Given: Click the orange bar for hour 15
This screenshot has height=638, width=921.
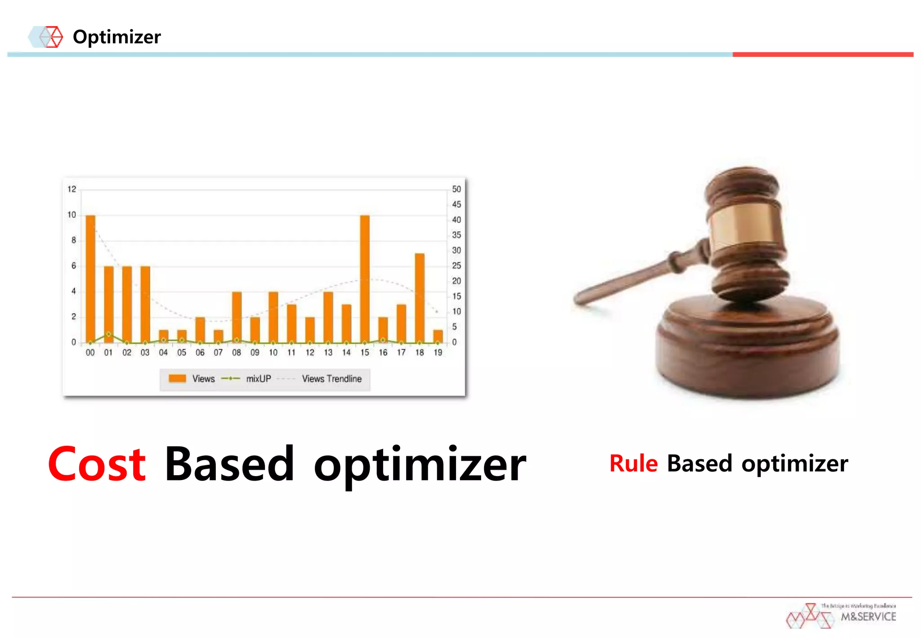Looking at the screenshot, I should [x=365, y=279].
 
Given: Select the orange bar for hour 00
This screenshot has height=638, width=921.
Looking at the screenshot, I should [x=90, y=279].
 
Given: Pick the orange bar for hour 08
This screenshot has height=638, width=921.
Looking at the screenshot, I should [x=237, y=317].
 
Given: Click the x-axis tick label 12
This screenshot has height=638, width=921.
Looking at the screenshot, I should [x=310, y=353].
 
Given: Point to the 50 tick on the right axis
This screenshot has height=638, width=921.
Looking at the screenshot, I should [x=456, y=189].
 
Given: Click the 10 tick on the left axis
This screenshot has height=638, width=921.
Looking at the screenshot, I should [x=72, y=215].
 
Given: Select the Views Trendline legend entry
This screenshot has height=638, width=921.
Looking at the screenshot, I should [x=331, y=379].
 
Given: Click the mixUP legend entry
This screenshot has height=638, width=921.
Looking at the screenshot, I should [x=258, y=379].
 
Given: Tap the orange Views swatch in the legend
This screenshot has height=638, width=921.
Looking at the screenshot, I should [x=177, y=378].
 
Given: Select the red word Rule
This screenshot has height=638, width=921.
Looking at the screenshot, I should [x=633, y=463].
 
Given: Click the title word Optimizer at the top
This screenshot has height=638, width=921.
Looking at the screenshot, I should [x=116, y=37].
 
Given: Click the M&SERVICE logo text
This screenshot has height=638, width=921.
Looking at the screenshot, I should [x=868, y=617].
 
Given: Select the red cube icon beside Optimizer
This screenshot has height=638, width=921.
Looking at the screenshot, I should [x=53, y=37].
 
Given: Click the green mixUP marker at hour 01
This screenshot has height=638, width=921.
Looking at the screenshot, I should [x=108, y=334].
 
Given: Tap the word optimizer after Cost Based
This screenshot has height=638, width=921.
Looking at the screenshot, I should [x=420, y=465].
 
